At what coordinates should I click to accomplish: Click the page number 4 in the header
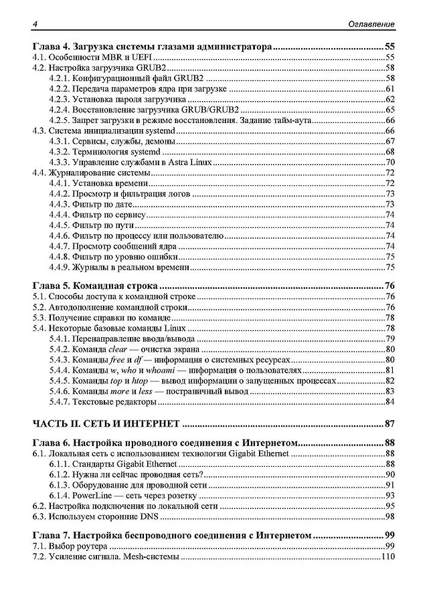pyautogui.click(x=34, y=24)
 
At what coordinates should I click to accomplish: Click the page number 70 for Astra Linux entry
pyautogui.click(x=390, y=163)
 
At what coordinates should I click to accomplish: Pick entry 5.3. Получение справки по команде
pyautogui.click(x=97, y=318)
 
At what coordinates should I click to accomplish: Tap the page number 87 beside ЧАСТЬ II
pyautogui.click(x=390, y=423)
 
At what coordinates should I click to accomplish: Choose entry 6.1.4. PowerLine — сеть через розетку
pyautogui.click(x=123, y=496)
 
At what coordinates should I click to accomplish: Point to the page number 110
pyautogui.click(x=387, y=558)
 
